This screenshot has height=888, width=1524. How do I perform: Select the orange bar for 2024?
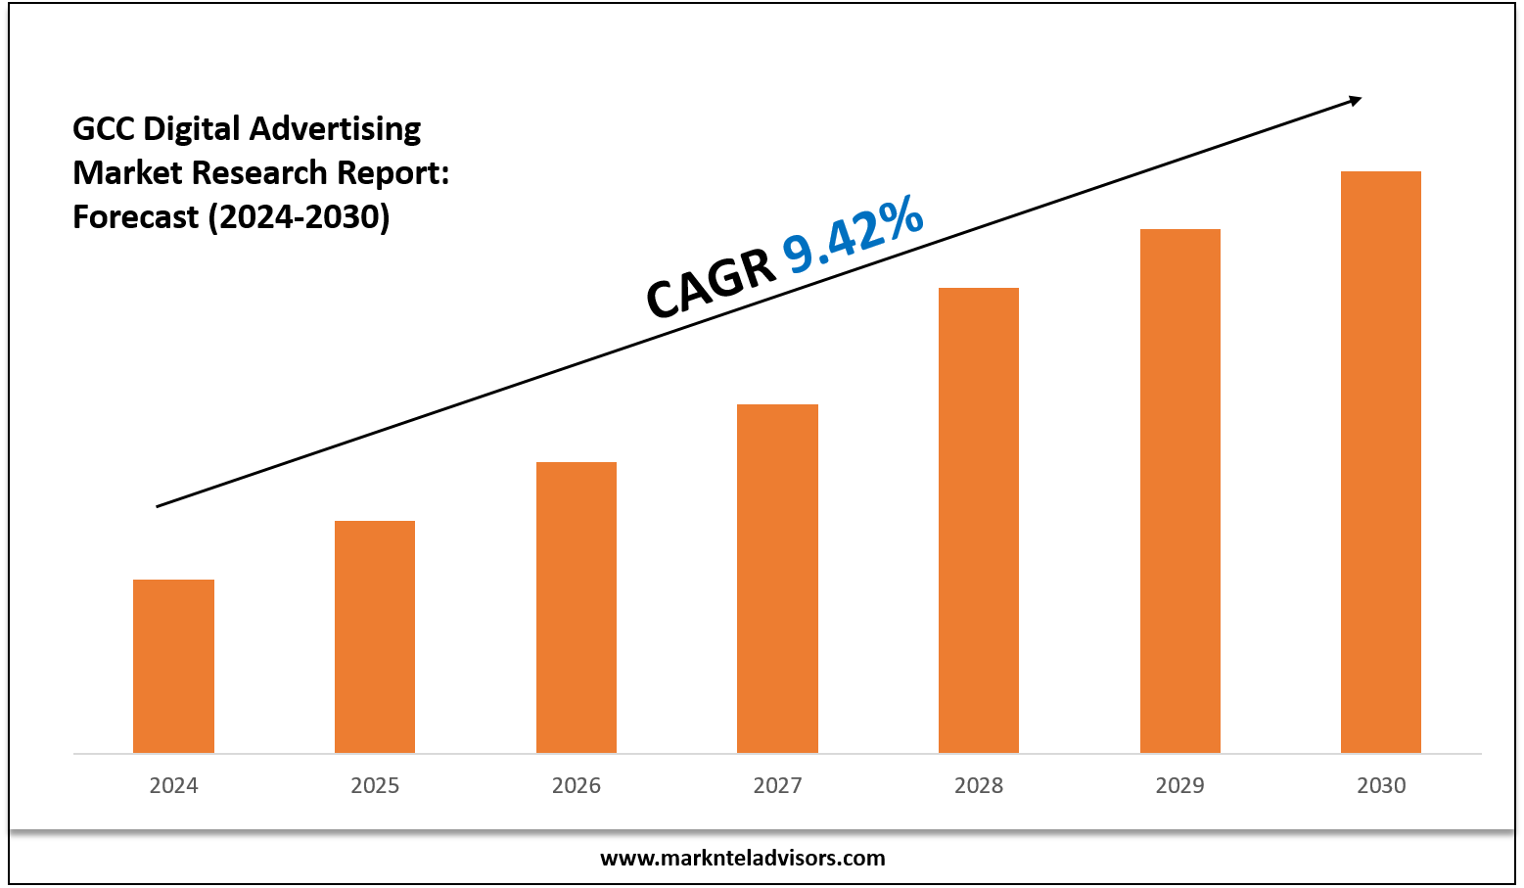point(173,666)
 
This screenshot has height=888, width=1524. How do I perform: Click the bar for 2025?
point(375,636)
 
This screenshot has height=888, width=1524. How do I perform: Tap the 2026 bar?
point(577,607)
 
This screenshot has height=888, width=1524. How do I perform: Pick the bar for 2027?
point(777,578)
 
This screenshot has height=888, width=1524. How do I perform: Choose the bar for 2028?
point(979,519)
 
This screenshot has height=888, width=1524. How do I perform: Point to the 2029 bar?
point(1180,490)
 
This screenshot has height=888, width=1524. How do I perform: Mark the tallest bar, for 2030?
point(1381,460)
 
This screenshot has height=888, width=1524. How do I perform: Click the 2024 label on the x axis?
point(173,785)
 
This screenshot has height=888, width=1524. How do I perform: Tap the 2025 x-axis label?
point(375,785)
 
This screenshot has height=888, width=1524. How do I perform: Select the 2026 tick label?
point(577,785)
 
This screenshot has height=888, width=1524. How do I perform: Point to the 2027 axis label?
point(777,785)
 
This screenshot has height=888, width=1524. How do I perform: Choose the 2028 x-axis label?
point(979,785)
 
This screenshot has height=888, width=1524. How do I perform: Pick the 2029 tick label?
point(1180,785)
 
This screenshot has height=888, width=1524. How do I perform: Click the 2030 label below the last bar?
point(1381,785)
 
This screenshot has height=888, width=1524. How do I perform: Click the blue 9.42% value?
point(853,235)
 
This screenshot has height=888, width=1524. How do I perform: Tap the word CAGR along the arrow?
point(711,285)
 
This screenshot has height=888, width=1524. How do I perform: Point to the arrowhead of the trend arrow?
point(1355,99)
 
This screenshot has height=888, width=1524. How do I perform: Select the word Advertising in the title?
point(335,128)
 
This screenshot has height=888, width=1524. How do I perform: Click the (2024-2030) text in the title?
point(299,216)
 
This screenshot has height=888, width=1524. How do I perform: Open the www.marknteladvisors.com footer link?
point(742,859)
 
